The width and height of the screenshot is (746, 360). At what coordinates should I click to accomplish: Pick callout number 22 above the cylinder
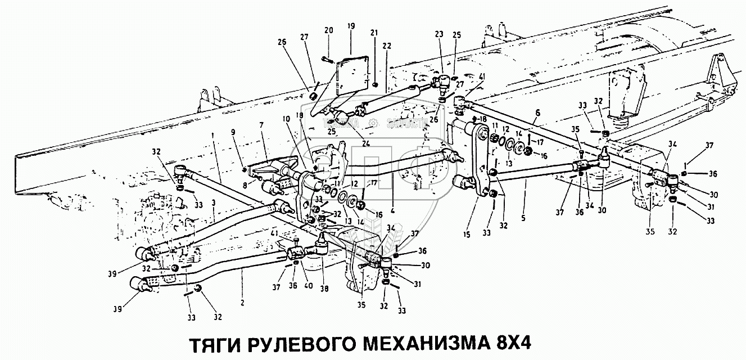click(x=387, y=46)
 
